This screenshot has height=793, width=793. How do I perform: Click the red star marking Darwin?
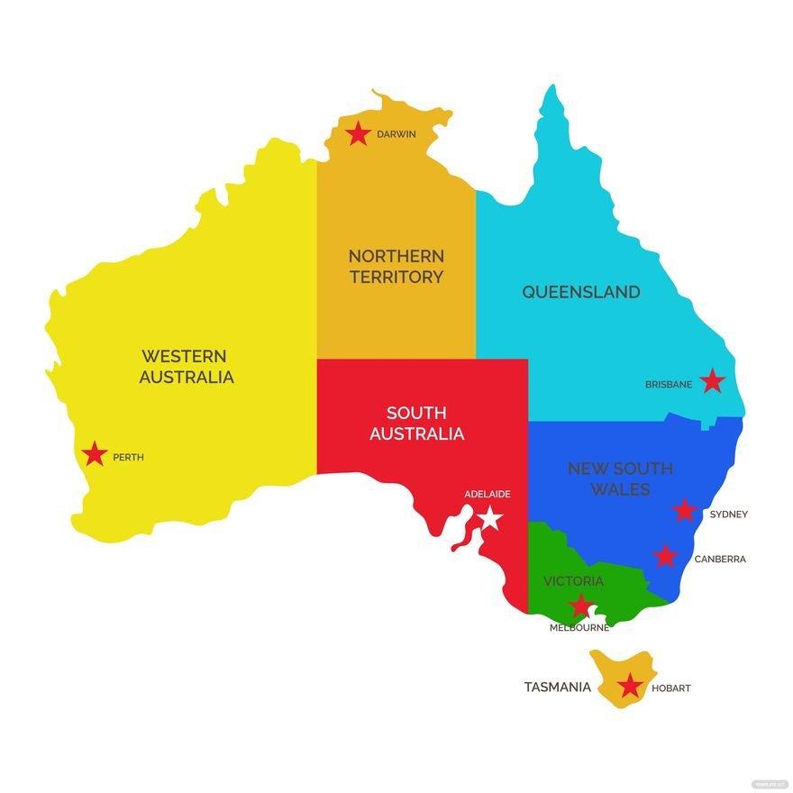click(359, 134)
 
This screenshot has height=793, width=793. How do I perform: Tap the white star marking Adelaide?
click(489, 517)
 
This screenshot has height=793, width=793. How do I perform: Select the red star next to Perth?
click(95, 455)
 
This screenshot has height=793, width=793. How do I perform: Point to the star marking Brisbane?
click(713, 381)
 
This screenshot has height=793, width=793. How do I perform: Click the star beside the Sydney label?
click(685, 511)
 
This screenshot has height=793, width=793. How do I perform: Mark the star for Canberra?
click(665, 556)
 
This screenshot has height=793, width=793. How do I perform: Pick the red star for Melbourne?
click(581, 606)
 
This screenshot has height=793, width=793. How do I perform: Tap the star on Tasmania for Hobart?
click(630, 688)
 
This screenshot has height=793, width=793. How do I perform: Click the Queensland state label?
click(581, 292)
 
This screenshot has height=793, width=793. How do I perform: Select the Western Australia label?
click(187, 367)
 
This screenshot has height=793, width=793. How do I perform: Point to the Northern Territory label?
click(396, 267)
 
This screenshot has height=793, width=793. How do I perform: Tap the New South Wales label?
click(620, 479)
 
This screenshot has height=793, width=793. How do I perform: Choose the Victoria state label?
click(573, 581)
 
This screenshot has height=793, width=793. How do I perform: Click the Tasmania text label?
click(558, 688)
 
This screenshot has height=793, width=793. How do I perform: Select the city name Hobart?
click(670, 688)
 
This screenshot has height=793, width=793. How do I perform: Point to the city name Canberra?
click(720, 559)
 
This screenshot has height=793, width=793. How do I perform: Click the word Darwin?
click(396, 134)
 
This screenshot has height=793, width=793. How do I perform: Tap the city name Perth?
click(128, 458)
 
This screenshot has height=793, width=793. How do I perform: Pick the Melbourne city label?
click(579, 628)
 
